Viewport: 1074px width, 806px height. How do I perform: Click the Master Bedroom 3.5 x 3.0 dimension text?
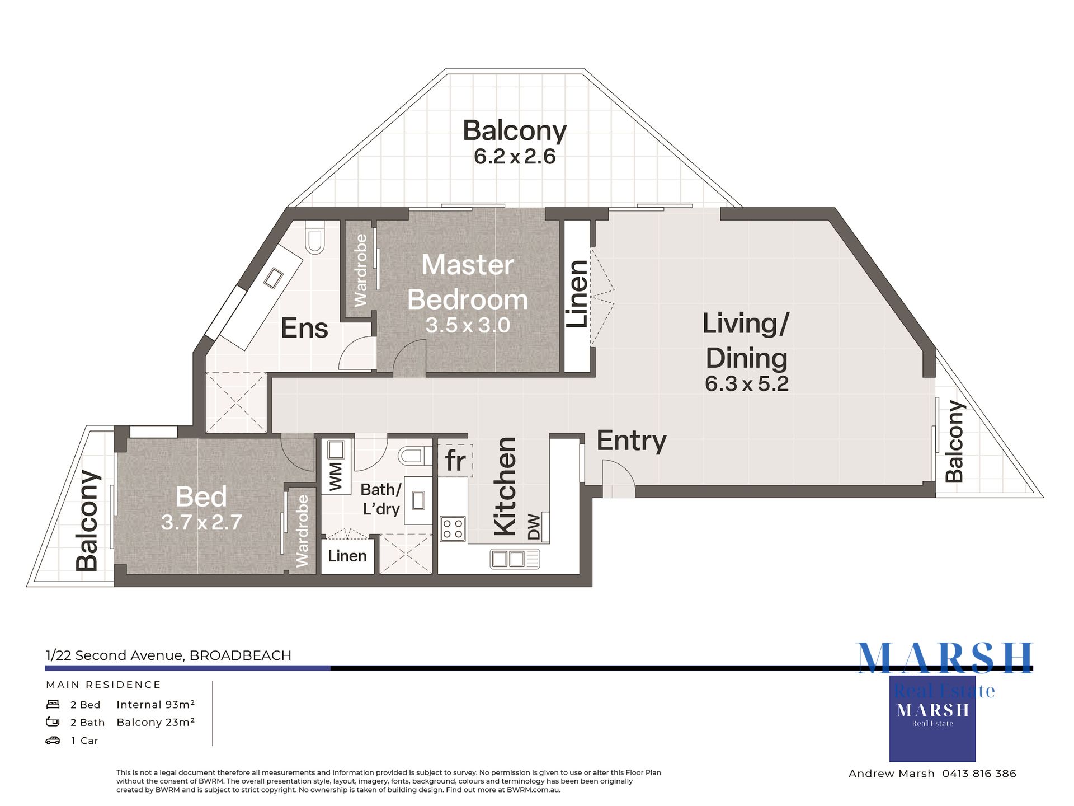[x=468, y=325]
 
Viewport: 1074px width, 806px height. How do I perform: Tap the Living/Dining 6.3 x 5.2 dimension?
[x=746, y=384]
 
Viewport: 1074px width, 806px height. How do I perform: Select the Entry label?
[x=631, y=441]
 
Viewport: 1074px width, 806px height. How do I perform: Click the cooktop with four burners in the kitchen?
[x=453, y=528]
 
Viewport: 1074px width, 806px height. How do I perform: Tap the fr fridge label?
[x=455, y=461]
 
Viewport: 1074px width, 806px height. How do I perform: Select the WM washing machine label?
[x=336, y=476]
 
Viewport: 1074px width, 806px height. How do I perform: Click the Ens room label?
[x=304, y=328]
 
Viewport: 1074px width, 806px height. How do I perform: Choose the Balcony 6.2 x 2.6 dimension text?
[x=515, y=157]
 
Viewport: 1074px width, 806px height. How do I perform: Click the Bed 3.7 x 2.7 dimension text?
[x=201, y=522]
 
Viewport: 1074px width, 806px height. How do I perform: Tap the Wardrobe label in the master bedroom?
[x=361, y=270]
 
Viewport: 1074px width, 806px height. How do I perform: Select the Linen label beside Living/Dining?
[x=577, y=294]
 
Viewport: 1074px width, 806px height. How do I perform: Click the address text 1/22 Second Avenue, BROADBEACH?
[x=168, y=655]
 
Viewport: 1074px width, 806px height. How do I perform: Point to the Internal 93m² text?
[x=156, y=705]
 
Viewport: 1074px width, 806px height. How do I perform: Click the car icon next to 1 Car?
[x=53, y=741]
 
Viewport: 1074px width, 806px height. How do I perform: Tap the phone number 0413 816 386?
[x=979, y=774]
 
